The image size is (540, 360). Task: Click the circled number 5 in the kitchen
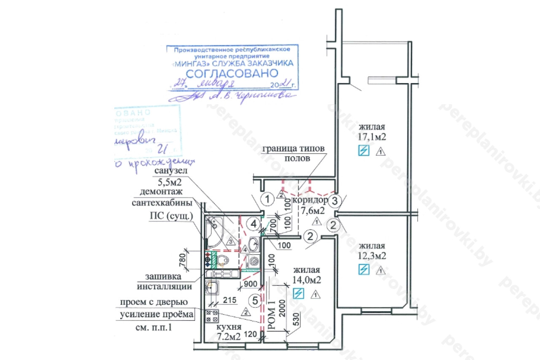pyautogui.click(x=255, y=300)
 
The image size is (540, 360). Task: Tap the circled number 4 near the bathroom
pyautogui.click(x=254, y=224)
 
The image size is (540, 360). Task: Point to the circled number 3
pyautogui.click(x=335, y=201)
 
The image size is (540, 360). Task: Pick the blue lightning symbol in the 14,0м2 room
pyautogui.click(x=298, y=293)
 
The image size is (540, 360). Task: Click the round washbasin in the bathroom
pyautogui.click(x=254, y=243)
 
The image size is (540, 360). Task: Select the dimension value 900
pyautogui.click(x=251, y=284)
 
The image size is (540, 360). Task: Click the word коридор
pyautogui.click(x=313, y=200)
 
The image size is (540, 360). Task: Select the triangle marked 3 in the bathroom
pyautogui.click(x=230, y=241)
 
